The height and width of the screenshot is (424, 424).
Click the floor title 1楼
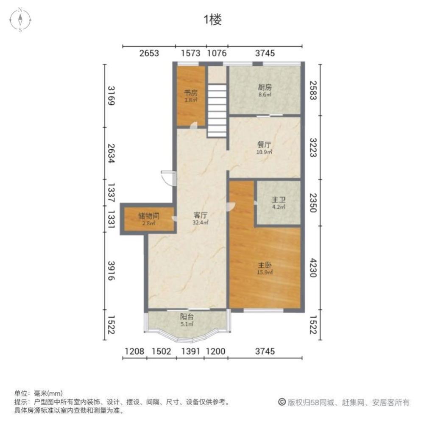pyautogui.click(x=212, y=20)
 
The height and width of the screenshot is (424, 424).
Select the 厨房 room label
pyautogui.click(x=265, y=88)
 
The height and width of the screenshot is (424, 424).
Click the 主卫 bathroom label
pyautogui.click(x=278, y=201)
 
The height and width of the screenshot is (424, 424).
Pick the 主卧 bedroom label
pyautogui.click(x=265, y=265)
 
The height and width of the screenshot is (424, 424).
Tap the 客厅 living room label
pyautogui.click(x=201, y=215)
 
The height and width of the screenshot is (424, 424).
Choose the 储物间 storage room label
pyautogui.click(x=148, y=215)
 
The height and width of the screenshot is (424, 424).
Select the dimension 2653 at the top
pyautogui.click(x=149, y=53)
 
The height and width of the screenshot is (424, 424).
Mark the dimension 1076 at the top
pyautogui.click(x=217, y=53)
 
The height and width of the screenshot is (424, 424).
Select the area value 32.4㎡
pyautogui.click(x=201, y=222)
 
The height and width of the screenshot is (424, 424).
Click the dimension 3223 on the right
pyautogui.click(x=312, y=147)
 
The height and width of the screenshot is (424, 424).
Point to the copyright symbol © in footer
pyautogui.click(x=281, y=402)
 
